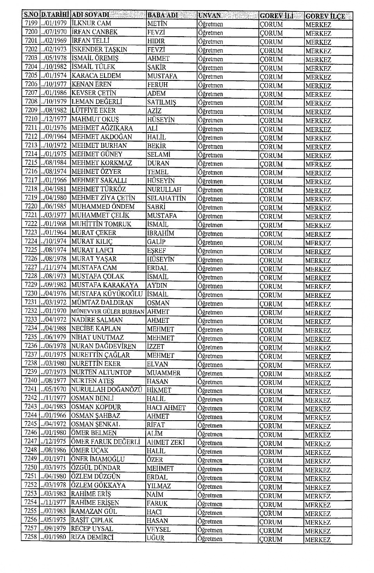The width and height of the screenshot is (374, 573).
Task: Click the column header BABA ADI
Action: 162,15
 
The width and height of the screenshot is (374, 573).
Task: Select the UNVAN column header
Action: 209,16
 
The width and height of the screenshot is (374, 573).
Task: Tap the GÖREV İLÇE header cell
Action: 325,16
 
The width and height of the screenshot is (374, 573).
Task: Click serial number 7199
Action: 31,23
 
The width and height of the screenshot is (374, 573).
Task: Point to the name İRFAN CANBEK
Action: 94,32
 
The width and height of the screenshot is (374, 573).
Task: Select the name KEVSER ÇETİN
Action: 94,93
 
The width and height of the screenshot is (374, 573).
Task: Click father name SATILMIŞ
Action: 162,102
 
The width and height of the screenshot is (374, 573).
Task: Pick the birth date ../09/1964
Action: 55,137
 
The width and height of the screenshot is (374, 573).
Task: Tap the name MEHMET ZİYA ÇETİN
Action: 103,198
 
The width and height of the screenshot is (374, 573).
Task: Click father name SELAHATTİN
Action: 166,198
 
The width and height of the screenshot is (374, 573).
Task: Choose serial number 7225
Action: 31,250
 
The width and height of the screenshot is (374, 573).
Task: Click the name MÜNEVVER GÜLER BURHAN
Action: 108,311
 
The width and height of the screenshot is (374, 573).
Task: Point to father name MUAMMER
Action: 164,373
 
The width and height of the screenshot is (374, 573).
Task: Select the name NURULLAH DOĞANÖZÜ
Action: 106,389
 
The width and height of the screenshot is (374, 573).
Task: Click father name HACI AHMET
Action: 166,408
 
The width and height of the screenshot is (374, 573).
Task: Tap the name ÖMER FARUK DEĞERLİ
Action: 105,442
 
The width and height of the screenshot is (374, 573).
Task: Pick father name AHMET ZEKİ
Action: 166,442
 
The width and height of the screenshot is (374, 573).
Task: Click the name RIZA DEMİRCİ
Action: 92,538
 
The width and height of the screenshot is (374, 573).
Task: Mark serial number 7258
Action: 31,537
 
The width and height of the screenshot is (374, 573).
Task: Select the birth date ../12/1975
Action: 55,442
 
